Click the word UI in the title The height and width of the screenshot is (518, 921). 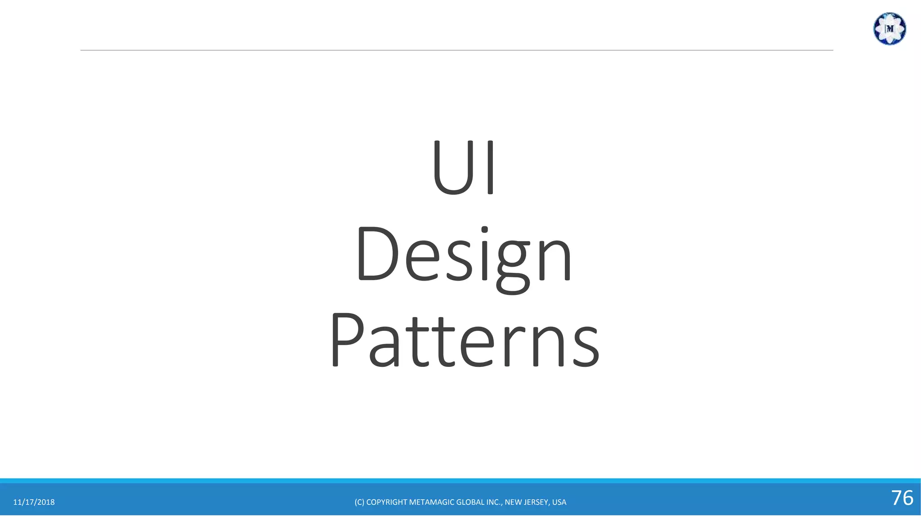click(x=464, y=167)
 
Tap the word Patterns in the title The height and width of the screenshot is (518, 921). click(x=465, y=340)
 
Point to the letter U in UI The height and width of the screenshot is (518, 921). click(x=452, y=167)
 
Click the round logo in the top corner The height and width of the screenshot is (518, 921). click(x=889, y=29)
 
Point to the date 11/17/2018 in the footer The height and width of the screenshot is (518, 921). click(x=34, y=502)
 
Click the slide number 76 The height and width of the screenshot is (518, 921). click(x=902, y=498)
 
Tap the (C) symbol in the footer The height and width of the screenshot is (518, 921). click(x=359, y=502)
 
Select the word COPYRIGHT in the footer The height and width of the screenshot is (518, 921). click(x=387, y=502)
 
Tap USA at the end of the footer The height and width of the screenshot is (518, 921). click(x=559, y=502)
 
